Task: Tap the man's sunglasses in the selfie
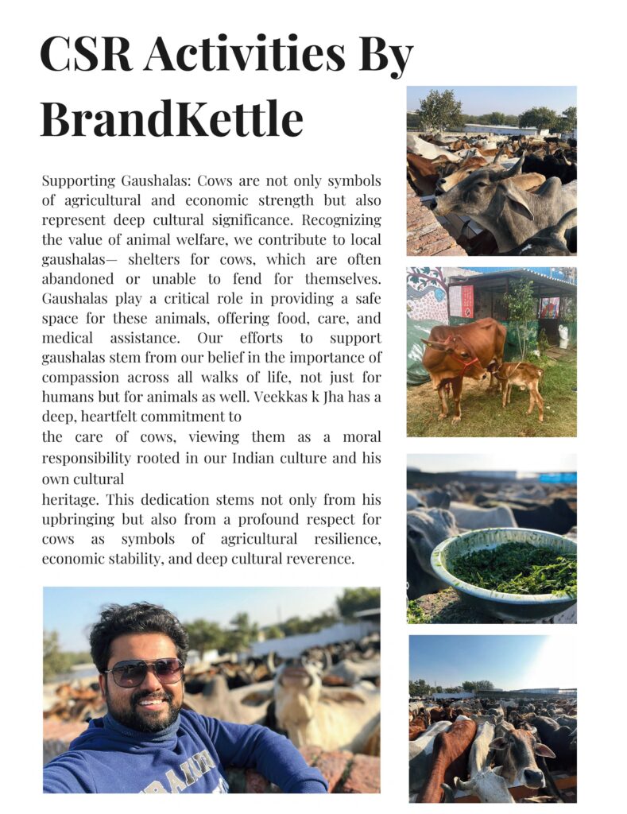tap(144, 672)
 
